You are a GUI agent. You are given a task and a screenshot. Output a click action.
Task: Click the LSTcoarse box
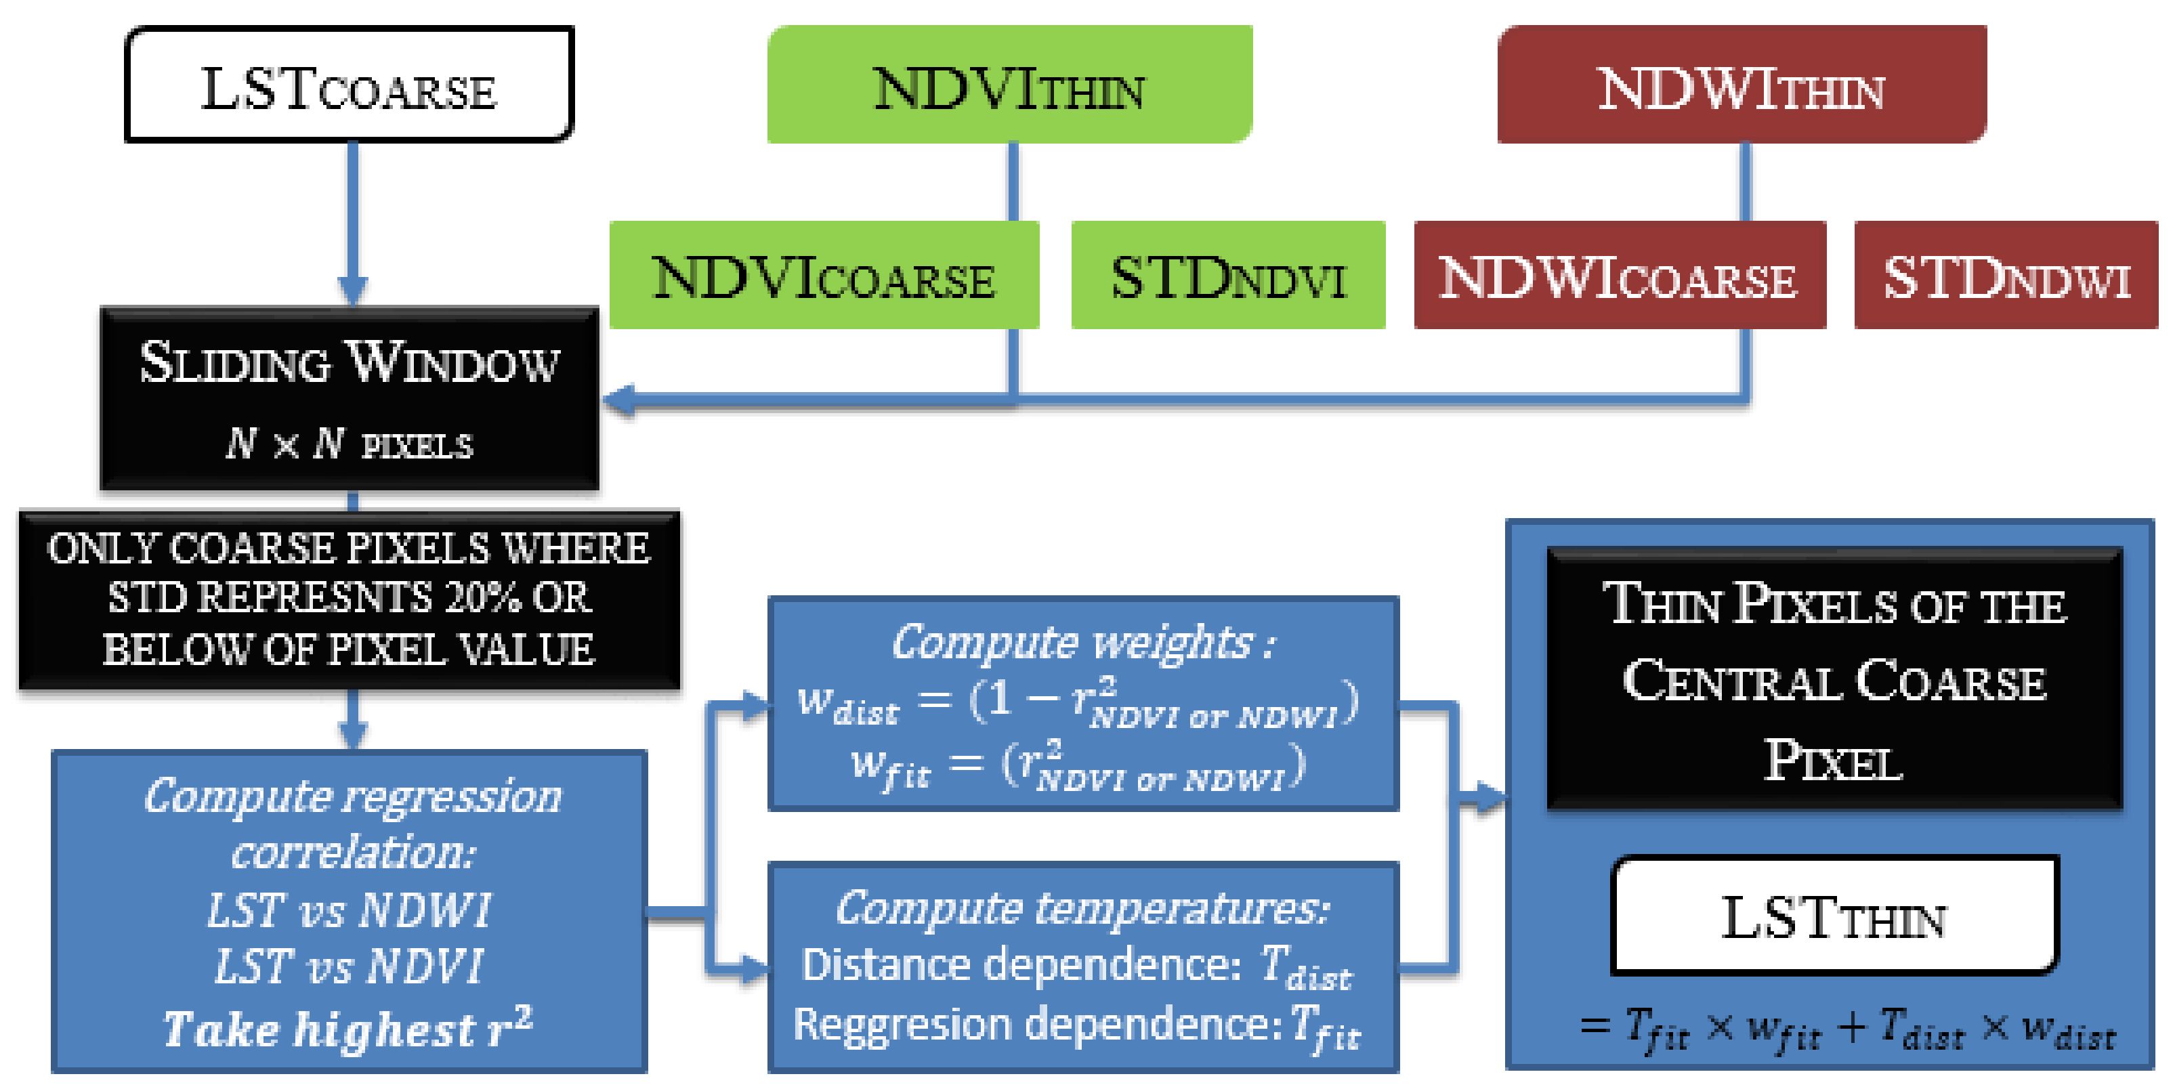click(348, 85)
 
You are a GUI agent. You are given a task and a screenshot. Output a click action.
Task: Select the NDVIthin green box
click(1009, 85)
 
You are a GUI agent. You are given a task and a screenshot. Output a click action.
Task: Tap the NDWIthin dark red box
click(1741, 85)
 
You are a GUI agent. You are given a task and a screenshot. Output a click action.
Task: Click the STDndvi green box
click(1227, 276)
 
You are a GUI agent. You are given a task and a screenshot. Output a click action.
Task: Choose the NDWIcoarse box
click(1619, 276)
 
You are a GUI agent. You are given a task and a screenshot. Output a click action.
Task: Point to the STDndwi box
click(2006, 276)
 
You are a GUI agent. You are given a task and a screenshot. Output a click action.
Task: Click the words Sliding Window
click(348, 363)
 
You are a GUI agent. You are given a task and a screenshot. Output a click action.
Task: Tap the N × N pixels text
click(348, 444)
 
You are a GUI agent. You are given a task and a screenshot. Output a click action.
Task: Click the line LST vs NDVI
click(348, 966)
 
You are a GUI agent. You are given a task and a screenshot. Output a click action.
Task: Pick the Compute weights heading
click(1083, 643)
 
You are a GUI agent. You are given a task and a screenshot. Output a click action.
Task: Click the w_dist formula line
click(1078, 702)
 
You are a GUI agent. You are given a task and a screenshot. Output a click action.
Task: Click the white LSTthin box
click(1834, 917)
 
